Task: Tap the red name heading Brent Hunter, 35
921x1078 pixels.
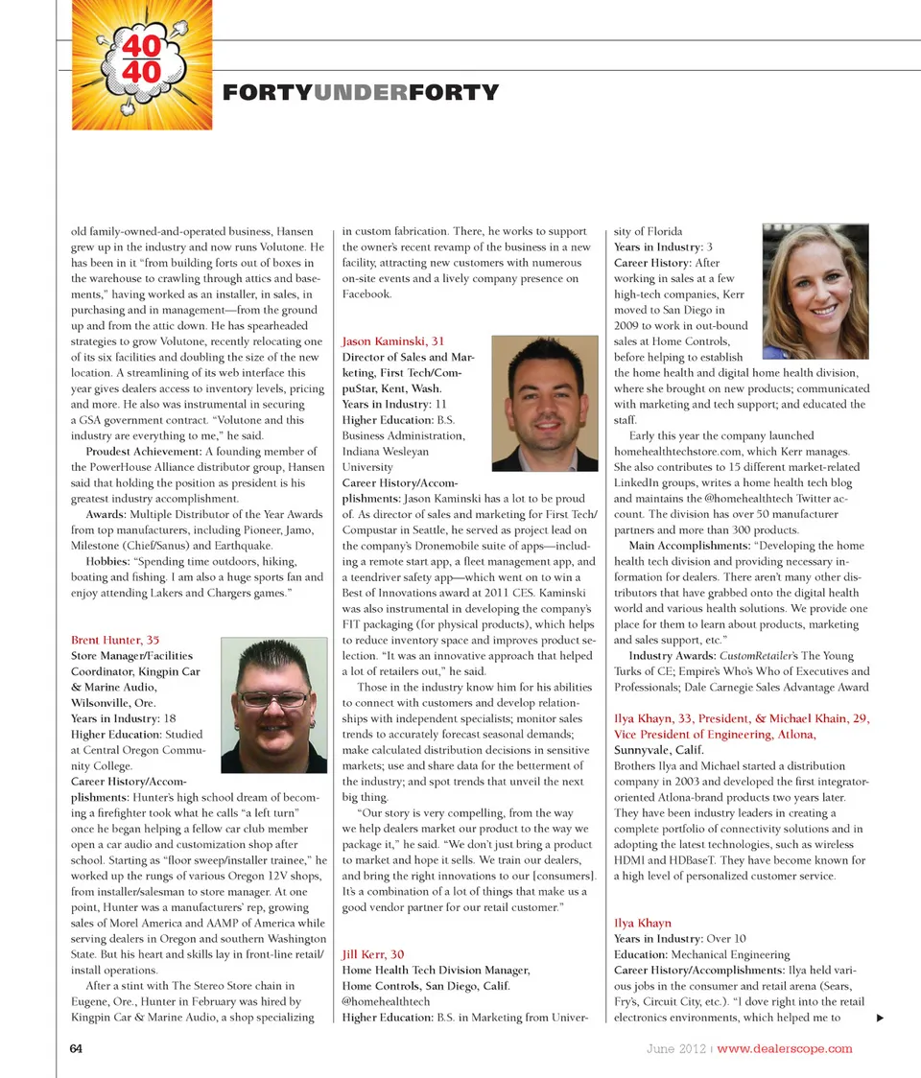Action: pyautogui.click(x=115, y=640)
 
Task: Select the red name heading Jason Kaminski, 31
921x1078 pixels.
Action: pyautogui.click(x=393, y=341)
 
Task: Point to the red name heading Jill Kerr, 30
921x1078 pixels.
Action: pyautogui.click(x=373, y=954)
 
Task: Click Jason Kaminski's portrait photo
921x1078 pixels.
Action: pyautogui.click(x=545, y=403)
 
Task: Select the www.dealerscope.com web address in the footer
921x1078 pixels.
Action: pyautogui.click(x=785, y=1048)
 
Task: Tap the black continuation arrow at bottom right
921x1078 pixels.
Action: pyautogui.click(x=880, y=1018)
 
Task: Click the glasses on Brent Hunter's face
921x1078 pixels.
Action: pyautogui.click(x=273, y=698)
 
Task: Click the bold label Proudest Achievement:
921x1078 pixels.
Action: pyautogui.click(x=144, y=452)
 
